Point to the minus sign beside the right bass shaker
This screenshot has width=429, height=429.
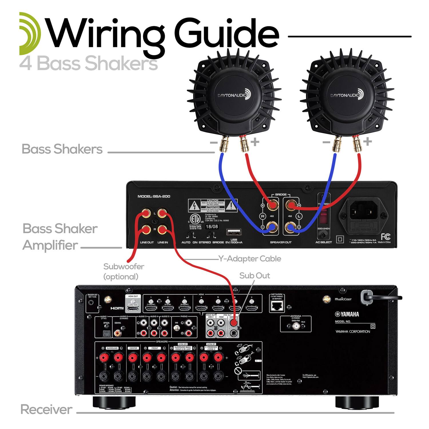pos(326,142)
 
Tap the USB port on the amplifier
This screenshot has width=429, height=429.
pos(234,232)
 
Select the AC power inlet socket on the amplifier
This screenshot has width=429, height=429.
pos(363,213)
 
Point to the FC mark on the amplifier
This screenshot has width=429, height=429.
pos(385,237)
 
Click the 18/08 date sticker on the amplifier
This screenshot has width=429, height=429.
pos(212,227)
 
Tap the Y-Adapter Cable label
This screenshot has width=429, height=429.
pos(250,259)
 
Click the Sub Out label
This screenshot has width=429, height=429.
pos(255,275)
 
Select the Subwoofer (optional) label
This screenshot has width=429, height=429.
pos(123,271)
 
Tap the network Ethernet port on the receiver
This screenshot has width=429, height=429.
pos(277,306)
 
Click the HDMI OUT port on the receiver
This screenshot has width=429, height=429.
pos(133,308)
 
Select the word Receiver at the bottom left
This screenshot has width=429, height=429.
pos(46,410)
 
